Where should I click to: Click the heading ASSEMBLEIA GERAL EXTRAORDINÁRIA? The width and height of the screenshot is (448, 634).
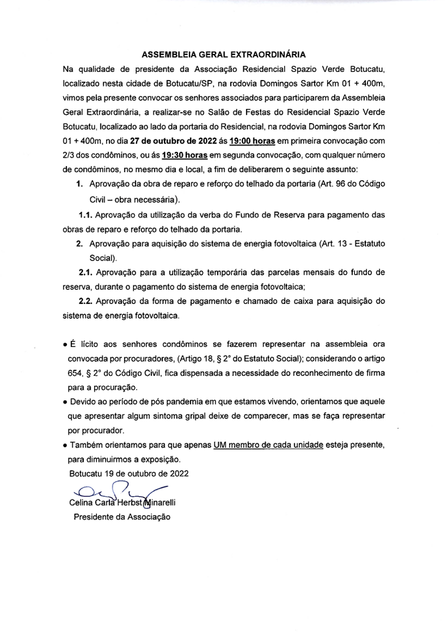[223, 55]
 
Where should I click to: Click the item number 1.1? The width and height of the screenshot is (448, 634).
[85, 215]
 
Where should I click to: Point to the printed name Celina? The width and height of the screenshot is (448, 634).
[82, 502]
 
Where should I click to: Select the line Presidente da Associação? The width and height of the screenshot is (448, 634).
[121, 517]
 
